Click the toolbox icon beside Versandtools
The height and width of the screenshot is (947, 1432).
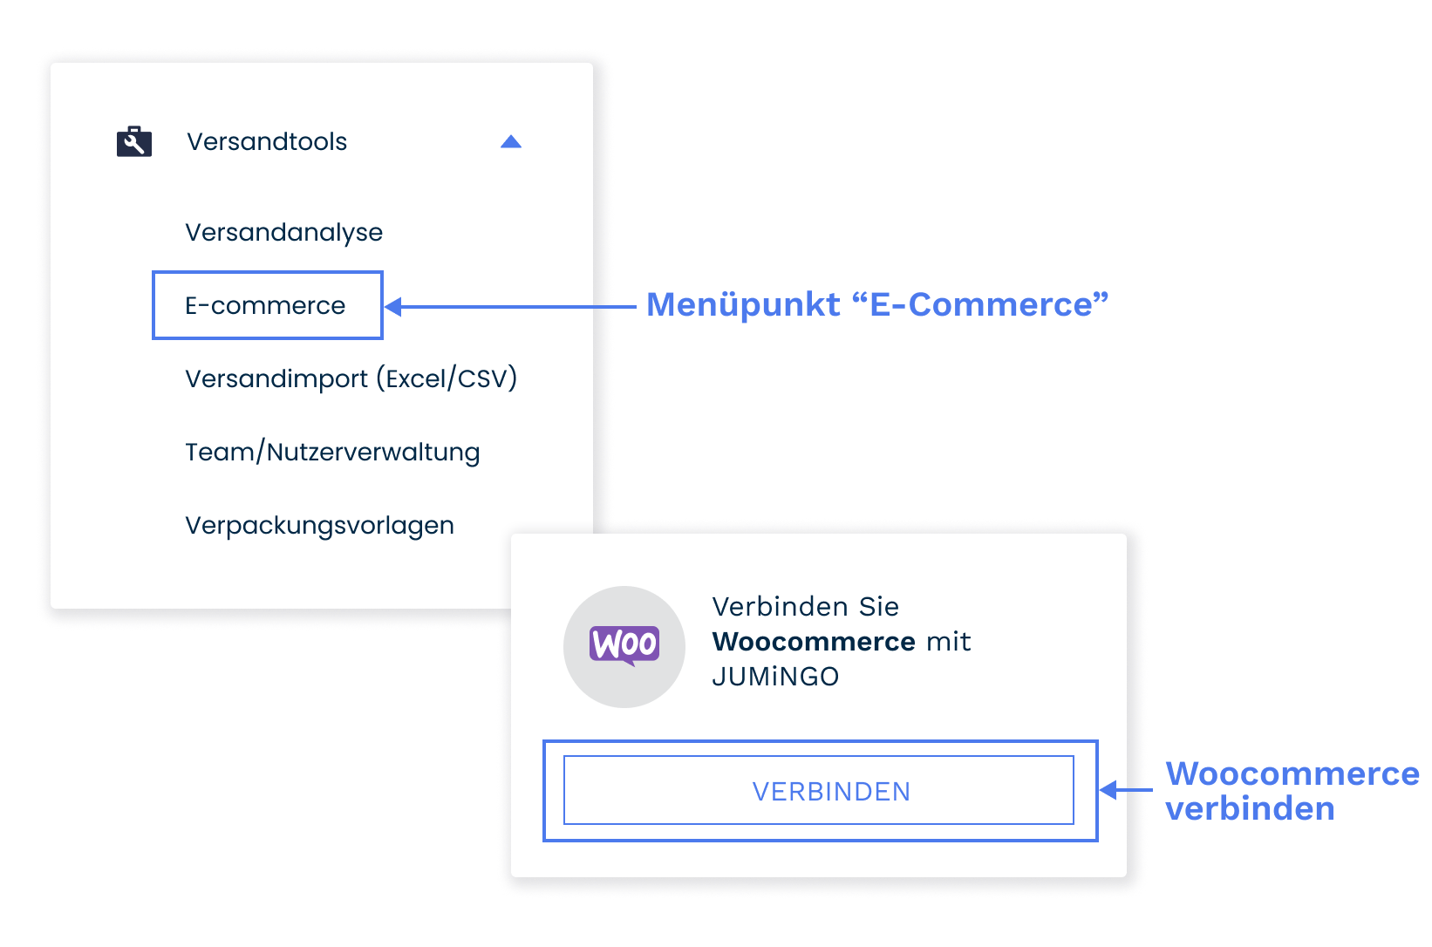(x=134, y=141)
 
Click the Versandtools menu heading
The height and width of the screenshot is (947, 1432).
(x=267, y=141)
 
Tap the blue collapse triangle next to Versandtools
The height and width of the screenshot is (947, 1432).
(x=511, y=142)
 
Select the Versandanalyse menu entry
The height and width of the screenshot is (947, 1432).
(x=283, y=232)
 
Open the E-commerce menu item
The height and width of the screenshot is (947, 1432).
(x=265, y=305)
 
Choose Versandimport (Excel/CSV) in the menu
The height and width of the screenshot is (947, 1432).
(x=351, y=378)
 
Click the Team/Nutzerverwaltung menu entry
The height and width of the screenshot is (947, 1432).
(x=332, y=452)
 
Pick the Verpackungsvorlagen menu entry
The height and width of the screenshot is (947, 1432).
(x=319, y=525)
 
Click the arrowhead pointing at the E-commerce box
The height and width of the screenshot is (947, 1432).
(x=393, y=306)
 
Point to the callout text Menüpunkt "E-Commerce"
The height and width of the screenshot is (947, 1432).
(x=876, y=304)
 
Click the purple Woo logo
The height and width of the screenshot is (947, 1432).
(x=624, y=645)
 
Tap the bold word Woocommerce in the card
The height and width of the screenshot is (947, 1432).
(x=813, y=642)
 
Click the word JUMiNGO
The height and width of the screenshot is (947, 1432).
(x=775, y=677)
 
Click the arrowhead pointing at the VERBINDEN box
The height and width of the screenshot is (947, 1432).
(x=1108, y=790)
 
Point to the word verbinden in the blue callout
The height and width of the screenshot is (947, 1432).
(x=1250, y=808)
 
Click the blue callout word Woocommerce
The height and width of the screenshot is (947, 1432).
(x=1292, y=773)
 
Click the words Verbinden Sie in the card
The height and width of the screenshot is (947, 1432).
(x=805, y=606)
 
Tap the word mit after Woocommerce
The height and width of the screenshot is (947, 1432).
(x=948, y=642)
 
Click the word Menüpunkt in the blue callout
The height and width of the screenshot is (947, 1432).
(x=743, y=304)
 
